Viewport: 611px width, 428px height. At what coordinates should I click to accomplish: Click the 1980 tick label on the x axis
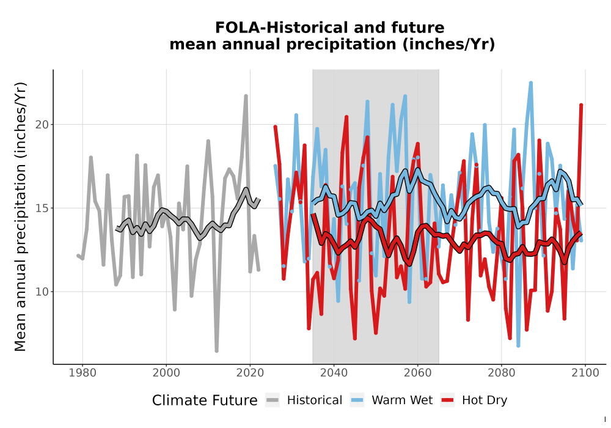[x=82, y=373]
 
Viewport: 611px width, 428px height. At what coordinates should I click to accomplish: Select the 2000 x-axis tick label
[x=166, y=373]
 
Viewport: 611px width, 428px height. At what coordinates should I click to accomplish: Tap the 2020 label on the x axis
[x=250, y=373]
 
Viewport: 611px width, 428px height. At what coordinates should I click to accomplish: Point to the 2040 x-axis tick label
[x=334, y=373]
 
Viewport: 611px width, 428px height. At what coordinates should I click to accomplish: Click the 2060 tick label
[x=417, y=373]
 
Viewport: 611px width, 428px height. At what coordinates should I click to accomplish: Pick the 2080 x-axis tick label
[x=501, y=373]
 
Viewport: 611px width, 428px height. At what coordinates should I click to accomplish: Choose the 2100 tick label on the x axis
[x=585, y=373]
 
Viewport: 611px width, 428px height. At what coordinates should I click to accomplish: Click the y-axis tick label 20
[x=42, y=125]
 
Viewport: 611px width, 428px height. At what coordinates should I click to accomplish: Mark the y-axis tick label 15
[x=42, y=208]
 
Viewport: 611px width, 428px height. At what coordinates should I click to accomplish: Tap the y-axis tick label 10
[x=42, y=292]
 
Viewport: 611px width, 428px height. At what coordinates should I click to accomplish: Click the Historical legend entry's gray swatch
[x=273, y=400]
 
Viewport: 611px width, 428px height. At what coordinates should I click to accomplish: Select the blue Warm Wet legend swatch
[x=357, y=400]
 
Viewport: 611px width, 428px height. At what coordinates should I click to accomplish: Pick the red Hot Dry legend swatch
[x=447, y=400]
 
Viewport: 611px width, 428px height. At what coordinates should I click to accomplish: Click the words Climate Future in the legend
[x=205, y=400]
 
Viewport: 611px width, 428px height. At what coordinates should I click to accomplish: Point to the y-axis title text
[x=20, y=216]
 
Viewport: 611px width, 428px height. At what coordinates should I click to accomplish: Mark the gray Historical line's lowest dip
[x=216, y=351]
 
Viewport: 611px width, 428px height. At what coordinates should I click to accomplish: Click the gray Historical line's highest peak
[x=246, y=95]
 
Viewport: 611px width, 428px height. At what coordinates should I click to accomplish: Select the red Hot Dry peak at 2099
[x=581, y=105]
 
